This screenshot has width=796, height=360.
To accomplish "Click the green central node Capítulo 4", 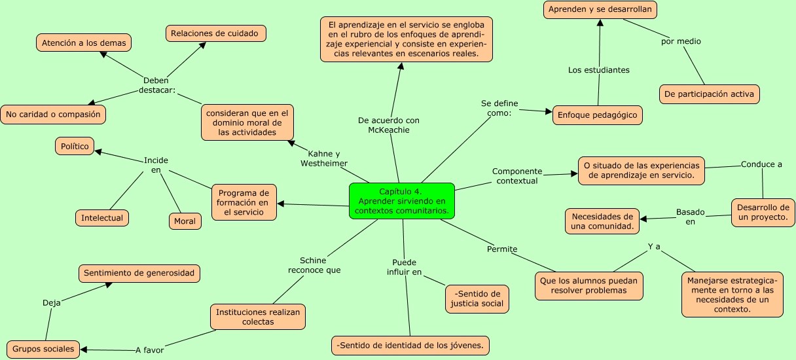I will (x=402, y=201).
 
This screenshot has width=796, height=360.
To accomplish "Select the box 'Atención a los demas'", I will (x=84, y=43).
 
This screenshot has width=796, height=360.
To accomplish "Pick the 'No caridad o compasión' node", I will (x=53, y=115).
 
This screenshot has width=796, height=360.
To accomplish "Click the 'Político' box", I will (x=75, y=147).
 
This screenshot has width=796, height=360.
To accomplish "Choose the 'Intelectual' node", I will (x=101, y=217).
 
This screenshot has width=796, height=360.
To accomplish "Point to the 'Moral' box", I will (x=185, y=221).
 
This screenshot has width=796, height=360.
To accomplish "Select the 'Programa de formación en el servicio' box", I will (x=244, y=202).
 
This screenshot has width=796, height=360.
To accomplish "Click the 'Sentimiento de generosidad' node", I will (x=139, y=273).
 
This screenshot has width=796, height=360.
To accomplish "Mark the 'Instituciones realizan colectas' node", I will (x=257, y=317).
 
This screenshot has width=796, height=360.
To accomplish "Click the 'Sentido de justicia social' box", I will (x=477, y=298).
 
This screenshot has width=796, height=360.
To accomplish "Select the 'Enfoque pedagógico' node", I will (x=597, y=115).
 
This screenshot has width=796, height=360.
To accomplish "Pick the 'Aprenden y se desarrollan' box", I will (x=600, y=10).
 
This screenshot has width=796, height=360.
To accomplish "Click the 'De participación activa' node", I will (x=709, y=94).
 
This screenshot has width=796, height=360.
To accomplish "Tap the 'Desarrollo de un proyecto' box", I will (x=763, y=213).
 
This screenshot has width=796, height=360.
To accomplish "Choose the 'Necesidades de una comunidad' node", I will (x=602, y=221).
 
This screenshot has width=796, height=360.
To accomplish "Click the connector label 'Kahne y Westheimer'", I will (x=323, y=158).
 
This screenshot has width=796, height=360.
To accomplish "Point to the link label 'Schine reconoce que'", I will (x=314, y=265).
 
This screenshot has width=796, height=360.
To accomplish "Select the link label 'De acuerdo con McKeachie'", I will (x=389, y=125).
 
